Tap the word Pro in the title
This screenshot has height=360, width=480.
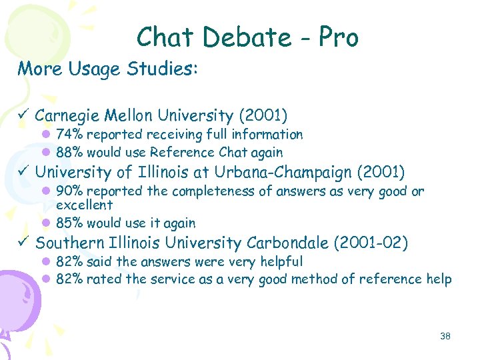pyautogui.click(x=338, y=37)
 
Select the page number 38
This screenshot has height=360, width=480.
pyautogui.click(x=445, y=336)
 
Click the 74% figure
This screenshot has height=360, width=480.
pyautogui.click(x=69, y=135)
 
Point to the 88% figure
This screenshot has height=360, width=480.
pyautogui.click(x=69, y=152)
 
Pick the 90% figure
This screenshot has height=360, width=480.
pyautogui.click(x=69, y=192)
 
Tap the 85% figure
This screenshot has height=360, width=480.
pyautogui.click(x=69, y=223)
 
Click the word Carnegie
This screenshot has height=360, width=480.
pyautogui.click(x=67, y=116)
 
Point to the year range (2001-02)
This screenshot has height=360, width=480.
pyautogui.click(x=375, y=243)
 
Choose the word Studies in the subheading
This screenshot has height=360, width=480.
pyautogui.click(x=166, y=69)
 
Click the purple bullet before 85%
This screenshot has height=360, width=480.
pyautogui.click(x=47, y=223)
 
